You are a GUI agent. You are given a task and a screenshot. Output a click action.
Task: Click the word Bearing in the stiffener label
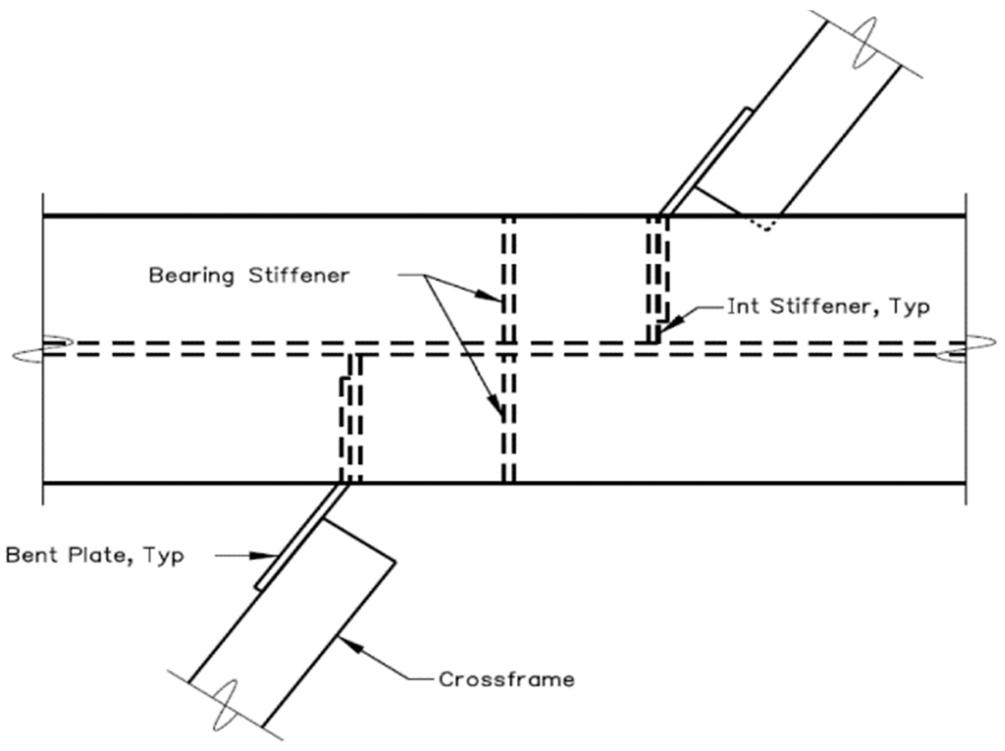[x=191, y=276]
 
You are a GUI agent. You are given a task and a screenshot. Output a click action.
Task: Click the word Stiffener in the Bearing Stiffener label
[x=299, y=275]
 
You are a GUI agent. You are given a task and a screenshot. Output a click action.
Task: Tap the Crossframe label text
[x=506, y=680]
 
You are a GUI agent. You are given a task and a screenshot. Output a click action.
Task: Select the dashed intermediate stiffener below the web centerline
[x=351, y=418]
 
